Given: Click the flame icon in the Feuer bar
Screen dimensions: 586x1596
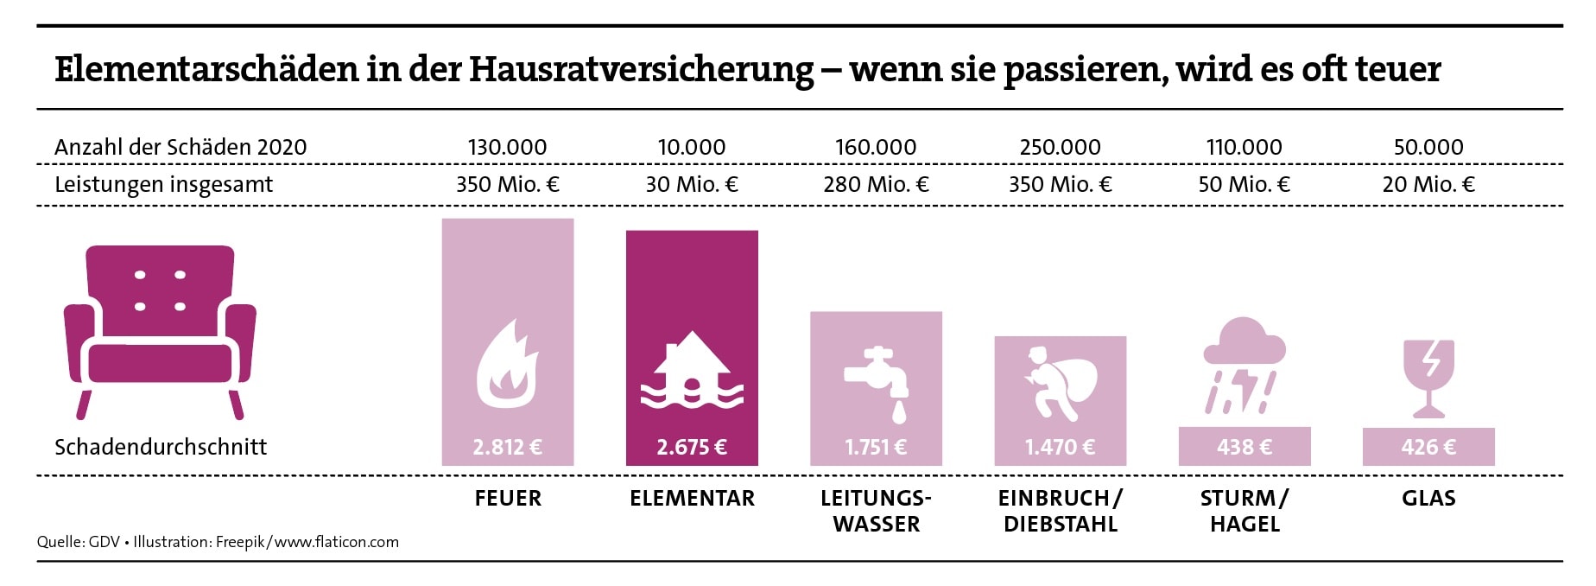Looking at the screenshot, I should (x=507, y=366).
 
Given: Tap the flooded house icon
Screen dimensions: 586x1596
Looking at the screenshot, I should (x=692, y=370).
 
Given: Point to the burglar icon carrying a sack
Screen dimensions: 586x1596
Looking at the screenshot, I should (x=1060, y=381).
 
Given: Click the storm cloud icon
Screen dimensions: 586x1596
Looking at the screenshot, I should (x=1244, y=365).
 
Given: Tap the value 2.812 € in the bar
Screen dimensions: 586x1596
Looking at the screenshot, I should (x=507, y=447).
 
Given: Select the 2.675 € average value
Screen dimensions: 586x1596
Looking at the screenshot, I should (x=692, y=447).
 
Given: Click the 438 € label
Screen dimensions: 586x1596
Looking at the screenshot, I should (x=1244, y=447).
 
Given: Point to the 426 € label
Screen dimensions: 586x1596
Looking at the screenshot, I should (x=1428, y=447).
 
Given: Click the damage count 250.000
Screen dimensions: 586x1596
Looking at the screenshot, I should (x=1060, y=147).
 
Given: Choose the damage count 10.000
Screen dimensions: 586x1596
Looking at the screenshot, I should (x=692, y=147).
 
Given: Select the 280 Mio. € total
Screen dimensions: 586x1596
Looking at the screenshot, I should (x=876, y=184).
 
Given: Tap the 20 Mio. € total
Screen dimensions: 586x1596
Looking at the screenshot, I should (x=1428, y=184).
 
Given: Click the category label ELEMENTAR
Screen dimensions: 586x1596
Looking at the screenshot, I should (x=692, y=499).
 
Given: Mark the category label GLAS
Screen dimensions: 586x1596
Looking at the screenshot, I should (x=1428, y=499).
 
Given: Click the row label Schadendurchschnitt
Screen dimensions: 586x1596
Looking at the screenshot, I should (x=161, y=447).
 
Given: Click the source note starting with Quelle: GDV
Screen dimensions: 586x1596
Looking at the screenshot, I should (x=218, y=542).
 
